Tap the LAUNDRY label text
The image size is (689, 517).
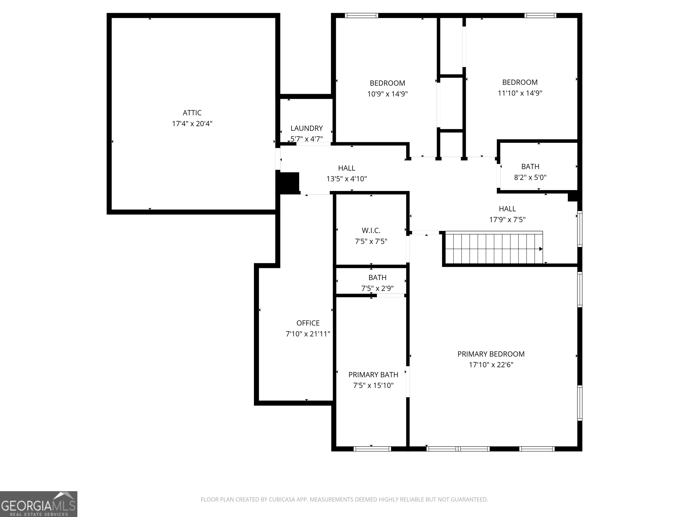pyautogui.click(x=307, y=128)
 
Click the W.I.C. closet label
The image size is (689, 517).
pyautogui.click(x=371, y=231)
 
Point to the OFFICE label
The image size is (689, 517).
pyautogui.click(x=308, y=323)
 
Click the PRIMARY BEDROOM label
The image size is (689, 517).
pyautogui.click(x=491, y=354)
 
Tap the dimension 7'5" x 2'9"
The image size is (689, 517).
pyautogui.click(x=377, y=288)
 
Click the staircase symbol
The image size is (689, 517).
pyautogui.click(x=494, y=249)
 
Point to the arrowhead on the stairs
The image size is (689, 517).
pyautogui.click(x=541, y=249)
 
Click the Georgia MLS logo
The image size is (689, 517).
pyautogui.click(x=38, y=504)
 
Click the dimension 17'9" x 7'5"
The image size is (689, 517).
pyautogui.click(x=507, y=220)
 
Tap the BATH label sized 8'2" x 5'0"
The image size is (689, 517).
pyautogui.click(x=530, y=167)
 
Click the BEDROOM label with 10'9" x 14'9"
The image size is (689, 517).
pyautogui.click(x=387, y=83)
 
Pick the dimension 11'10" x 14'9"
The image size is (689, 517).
pyautogui.click(x=520, y=93)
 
